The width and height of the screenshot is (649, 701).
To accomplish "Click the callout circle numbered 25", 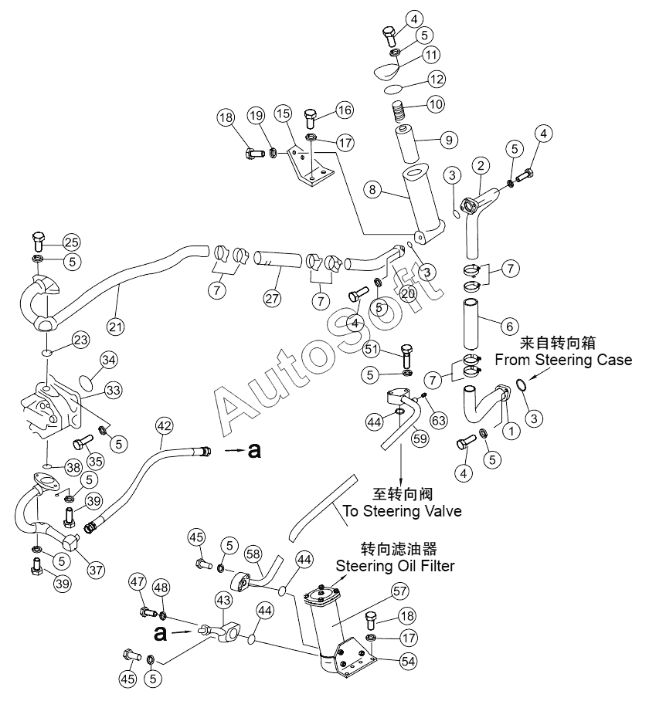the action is point(71,242).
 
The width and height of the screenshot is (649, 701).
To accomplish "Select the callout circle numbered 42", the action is point(164,425).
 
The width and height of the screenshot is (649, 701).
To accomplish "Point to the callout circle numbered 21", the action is point(115,327).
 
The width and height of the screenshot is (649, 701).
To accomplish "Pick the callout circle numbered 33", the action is point(113,391).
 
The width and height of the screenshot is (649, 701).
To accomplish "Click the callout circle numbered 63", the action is point(438,420).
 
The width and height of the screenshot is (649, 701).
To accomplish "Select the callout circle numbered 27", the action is point(272,298).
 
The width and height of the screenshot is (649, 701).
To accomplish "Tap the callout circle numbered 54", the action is point(408,661).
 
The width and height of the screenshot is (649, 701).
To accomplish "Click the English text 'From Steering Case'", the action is point(563,360).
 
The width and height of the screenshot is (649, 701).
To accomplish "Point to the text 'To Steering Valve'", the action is point(402,511).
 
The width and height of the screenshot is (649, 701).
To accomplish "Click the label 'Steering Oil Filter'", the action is point(395,566).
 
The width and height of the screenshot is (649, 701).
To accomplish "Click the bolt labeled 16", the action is point(311,118).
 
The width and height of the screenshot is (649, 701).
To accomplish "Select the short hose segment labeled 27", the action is point(278,259).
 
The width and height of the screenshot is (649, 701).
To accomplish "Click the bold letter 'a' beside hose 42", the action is point(254,450).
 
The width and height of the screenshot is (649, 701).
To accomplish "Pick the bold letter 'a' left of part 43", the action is point(160,633).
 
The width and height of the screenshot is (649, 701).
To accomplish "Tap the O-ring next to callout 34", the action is point(87,382).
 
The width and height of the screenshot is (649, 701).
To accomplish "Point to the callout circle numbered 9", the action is point(449,140).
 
